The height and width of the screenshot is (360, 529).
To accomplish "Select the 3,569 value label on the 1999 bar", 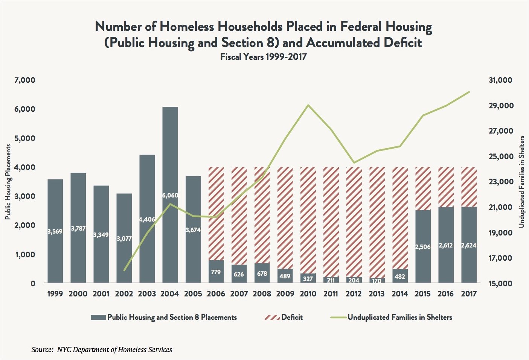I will [x=55, y=231].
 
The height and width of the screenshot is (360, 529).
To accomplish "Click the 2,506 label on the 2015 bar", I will [x=423, y=247].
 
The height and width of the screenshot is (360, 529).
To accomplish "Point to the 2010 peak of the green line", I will [x=308, y=105].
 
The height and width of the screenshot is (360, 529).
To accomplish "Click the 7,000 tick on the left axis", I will [x=25, y=80].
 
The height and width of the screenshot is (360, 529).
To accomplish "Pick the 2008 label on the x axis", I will [x=262, y=294].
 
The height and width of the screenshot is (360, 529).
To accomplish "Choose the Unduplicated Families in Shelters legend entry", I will [x=392, y=317].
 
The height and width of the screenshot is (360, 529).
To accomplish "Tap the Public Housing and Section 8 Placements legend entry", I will [x=164, y=317].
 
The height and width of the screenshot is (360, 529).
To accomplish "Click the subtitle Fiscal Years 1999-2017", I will [x=263, y=57].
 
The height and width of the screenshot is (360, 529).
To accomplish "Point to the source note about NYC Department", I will [x=102, y=349].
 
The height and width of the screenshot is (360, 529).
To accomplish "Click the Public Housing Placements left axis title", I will [x=8, y=182].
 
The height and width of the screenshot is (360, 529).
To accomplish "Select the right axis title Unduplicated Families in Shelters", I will [x=521, y=182].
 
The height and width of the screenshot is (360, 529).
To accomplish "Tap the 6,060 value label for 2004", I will [x=170, y=196].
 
